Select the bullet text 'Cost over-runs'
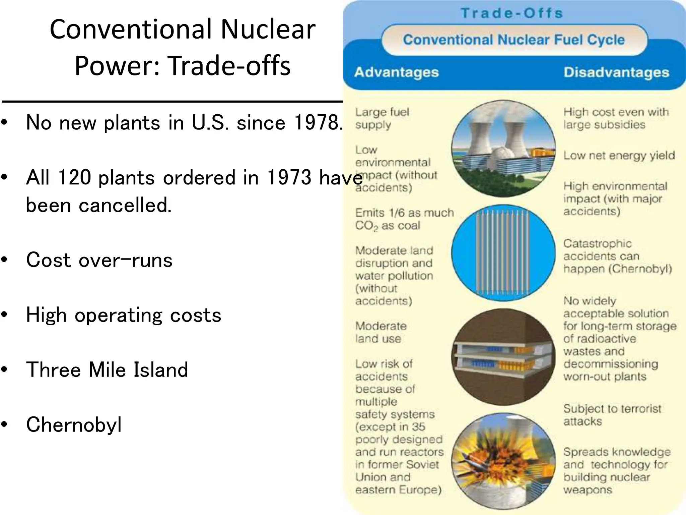(99, 260)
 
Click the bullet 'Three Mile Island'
(107, 369)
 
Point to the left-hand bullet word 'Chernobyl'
(74, 424)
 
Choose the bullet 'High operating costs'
(124, 315)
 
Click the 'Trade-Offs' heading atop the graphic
(511, 13)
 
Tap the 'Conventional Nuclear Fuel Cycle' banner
(513, 40)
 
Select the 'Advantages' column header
(396, 72)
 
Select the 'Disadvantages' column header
(616, 72)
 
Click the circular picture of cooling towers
(503, 149)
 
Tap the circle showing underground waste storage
(503, 357)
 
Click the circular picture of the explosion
(503, 461)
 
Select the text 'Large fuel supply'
(382, 118)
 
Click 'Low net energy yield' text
(619, 156)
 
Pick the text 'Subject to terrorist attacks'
(612, 415)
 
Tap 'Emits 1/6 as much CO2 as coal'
(404, 219)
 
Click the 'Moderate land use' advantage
(381, 332)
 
